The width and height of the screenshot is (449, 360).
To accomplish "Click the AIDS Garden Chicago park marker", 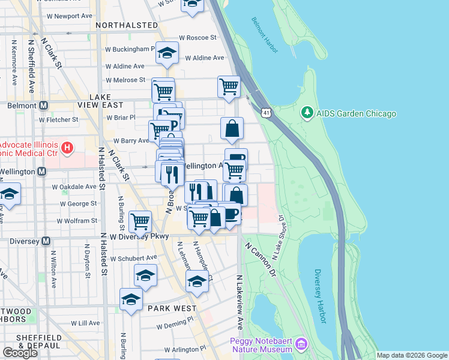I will click(307, 113).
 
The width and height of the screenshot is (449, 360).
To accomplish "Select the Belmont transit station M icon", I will click(43, 106).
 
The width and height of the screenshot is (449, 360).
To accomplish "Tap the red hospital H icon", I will click(67, 146).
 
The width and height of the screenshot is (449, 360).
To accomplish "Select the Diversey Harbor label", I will click(319, 296).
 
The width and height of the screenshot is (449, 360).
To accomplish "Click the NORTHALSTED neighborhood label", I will click(127, 26).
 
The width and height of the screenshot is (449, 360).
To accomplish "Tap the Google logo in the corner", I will click(20, 353).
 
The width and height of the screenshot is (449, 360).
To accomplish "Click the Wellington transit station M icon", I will click(41, 172).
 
